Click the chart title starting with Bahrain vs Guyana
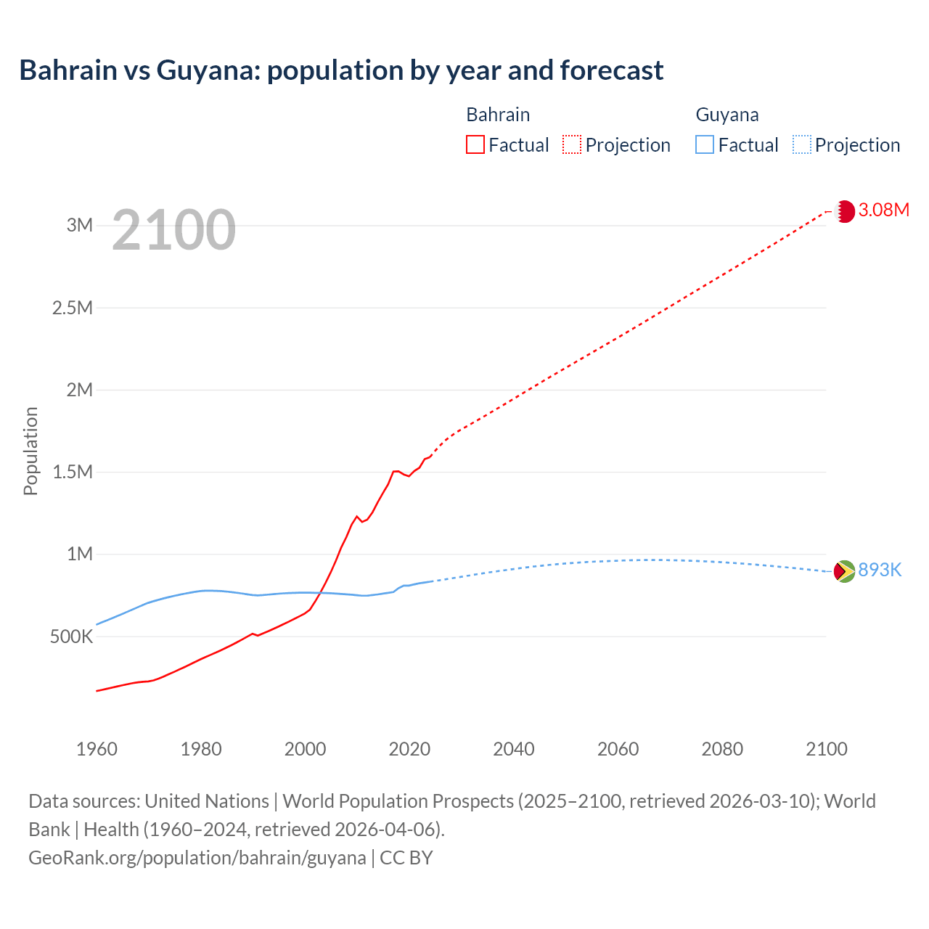coord(341,70)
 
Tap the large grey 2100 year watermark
coord(173,230)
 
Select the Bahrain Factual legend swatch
coord(475,144)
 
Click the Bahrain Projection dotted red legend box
coord(572,144)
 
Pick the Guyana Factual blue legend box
coord(704,144)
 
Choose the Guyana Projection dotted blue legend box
coord(801,144)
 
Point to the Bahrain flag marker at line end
coord(844,211)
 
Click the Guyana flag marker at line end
coord(844,571)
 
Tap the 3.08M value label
coord(883,210)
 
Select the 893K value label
coord(880,570)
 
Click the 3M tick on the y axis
coord(80,225)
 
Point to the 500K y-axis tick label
coord(72,637)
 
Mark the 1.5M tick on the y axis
coord(73,472)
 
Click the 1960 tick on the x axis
coord(97,749)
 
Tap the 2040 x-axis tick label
coord(514,749)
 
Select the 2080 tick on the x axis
coord(722,749)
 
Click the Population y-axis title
coord(30,451)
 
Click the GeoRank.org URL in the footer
coord(197,858)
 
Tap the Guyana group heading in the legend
coord(727,115)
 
